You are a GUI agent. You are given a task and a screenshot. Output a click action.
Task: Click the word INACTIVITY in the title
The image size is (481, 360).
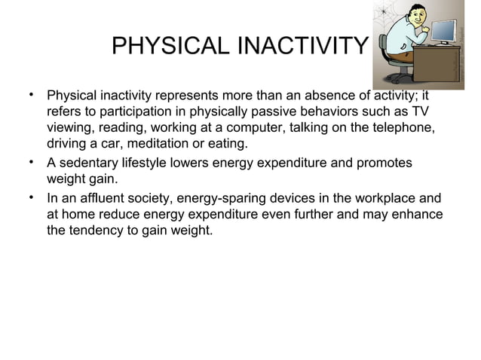(301, 47)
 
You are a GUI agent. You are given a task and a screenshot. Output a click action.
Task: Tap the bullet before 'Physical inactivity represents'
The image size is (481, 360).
(31, 96)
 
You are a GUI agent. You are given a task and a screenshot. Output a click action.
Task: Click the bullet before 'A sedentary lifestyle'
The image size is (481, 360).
(31, 163)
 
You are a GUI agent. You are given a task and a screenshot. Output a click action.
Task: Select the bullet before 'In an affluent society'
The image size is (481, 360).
(31, 197)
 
